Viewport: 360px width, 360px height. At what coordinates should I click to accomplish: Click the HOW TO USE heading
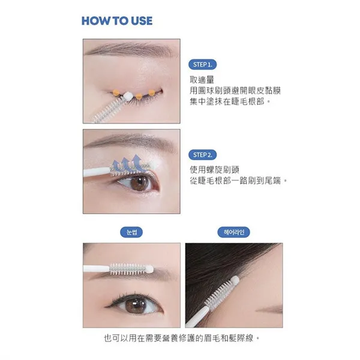(x=117, y=21)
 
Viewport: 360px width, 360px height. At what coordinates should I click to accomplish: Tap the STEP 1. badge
(x=203, y=65)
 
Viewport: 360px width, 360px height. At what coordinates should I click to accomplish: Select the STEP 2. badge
(x=203, y=155)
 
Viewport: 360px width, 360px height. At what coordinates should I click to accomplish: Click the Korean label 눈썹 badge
(x=131, y=232)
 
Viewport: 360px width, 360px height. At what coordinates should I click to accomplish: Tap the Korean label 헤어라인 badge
(x=234, y=232)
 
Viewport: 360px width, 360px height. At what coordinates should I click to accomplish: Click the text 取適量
(x=202, y=80)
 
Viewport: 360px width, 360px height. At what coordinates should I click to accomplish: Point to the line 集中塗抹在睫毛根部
(x=230, y=101)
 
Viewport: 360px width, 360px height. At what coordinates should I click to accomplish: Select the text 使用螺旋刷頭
(x=214, y=170)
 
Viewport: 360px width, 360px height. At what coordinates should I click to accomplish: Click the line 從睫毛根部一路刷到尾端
(x=238, y=181)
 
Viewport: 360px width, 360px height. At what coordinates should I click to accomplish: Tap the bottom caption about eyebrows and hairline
(x=182, y=338)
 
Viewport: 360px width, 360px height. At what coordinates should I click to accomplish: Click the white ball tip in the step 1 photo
(x=127, y=95)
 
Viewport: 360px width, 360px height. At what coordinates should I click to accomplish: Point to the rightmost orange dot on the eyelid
(x=152, y=93)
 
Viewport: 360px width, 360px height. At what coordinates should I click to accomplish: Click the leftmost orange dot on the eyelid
(x=116, y=92)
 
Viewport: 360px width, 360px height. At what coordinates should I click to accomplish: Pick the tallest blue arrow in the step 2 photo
(x=137, y=163)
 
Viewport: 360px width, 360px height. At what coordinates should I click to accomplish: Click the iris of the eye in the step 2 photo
(x=139, y=183)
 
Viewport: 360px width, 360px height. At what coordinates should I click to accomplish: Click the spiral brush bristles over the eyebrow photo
(x=128, y=269)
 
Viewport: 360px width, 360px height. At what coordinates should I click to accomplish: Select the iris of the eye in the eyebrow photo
(x=136, y=305)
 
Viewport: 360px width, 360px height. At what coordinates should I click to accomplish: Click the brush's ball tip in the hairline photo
(x=235, y=280)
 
